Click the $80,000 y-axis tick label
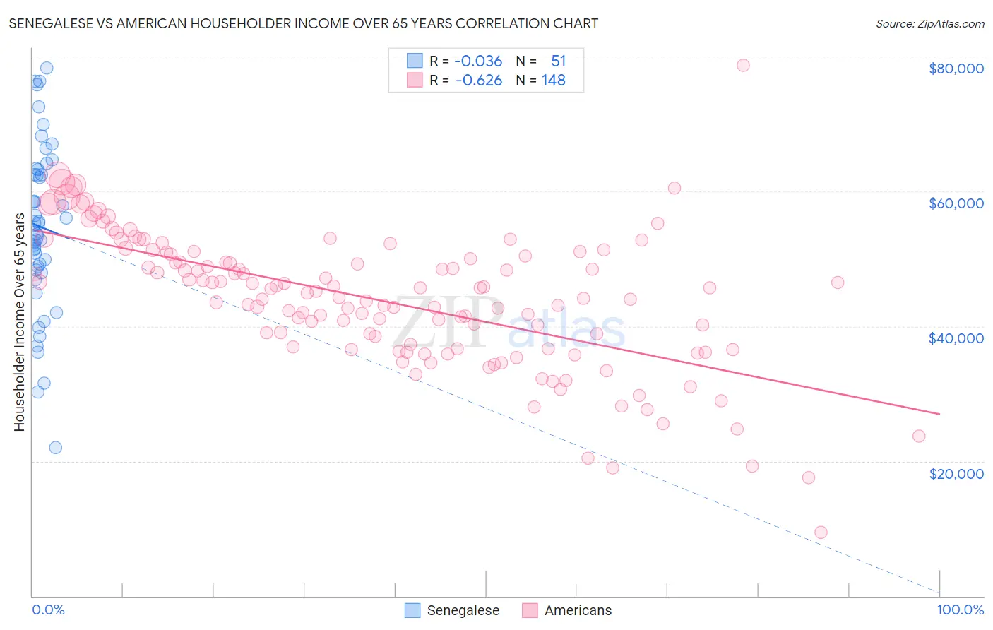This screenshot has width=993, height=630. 956,69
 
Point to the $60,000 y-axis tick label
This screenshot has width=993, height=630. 956,203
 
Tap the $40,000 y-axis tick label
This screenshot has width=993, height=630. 956,338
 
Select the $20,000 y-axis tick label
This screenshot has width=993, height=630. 956,473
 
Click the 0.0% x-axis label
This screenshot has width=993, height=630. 48,610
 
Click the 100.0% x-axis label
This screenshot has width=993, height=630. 960,610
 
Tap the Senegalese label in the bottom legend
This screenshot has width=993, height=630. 463,610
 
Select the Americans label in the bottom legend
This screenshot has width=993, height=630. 578,610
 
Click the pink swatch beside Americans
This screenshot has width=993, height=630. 530,610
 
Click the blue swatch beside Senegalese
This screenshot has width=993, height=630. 412,610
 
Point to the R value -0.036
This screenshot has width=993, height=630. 478,61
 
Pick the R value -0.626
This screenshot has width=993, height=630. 478,81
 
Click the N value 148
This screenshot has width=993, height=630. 553,81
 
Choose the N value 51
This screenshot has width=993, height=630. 558,61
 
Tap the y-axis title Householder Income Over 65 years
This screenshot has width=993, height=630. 20,321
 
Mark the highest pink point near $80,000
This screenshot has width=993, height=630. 743,65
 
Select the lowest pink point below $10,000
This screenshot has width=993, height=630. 821,533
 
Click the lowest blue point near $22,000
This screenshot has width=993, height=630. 55,447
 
